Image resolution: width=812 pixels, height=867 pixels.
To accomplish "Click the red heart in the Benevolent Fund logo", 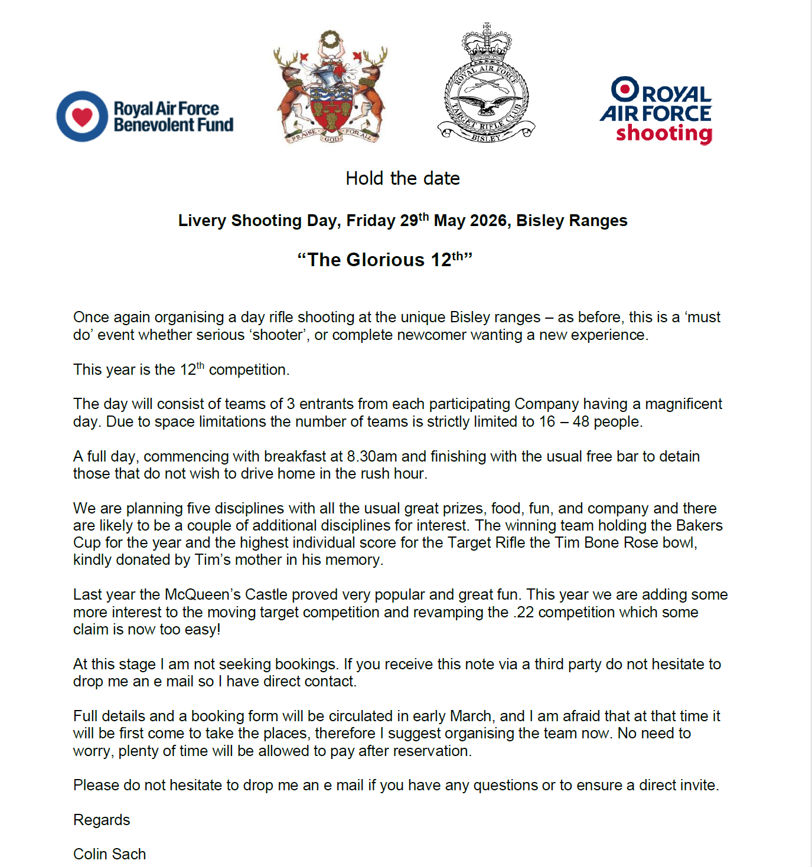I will (x=82, y=116).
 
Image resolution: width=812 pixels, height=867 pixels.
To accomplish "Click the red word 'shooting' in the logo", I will (x=664, y=133).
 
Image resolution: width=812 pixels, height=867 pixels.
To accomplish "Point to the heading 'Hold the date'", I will (x=403, y=178).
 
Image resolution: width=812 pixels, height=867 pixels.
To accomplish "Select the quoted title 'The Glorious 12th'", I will (x=385, y=260).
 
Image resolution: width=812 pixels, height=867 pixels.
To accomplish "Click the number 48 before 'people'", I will (x=581, y=422).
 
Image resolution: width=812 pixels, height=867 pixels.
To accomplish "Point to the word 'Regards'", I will (x=102, y=820).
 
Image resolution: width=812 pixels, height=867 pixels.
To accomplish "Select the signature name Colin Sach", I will (x=109, y=854).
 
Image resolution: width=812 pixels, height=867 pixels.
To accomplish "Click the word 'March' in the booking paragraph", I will (x=471, y=716).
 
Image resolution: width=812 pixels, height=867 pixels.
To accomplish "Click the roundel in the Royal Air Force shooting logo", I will (x=624, y=89).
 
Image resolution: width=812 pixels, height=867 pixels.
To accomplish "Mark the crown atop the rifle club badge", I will (x=486, y=41).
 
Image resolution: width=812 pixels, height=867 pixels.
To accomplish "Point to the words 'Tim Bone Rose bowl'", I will (x=626, y=543).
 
